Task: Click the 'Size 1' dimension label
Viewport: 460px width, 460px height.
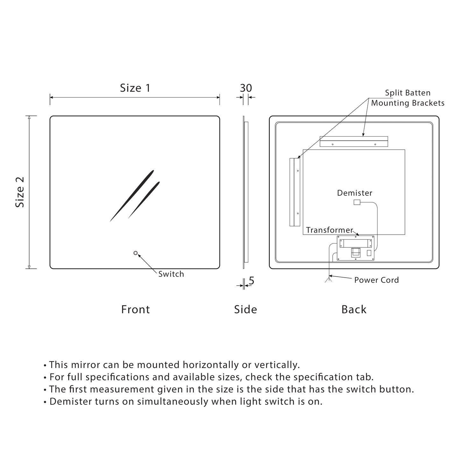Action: point(135,88)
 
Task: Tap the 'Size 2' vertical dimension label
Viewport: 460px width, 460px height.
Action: point(20,192)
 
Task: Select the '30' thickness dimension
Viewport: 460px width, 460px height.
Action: point(246,88)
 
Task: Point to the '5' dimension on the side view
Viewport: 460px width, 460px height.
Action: point(251,281)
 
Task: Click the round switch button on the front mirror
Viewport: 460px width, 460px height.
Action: point(136,253)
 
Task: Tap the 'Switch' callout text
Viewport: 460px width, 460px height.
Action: point(171,274)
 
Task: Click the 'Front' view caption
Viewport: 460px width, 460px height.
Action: point(135,309)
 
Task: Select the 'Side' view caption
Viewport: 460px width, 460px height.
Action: point(245,309)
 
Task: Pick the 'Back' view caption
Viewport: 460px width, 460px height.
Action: point(354,309)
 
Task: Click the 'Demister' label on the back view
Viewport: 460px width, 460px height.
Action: point(354,193)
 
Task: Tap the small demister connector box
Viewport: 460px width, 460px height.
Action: point(357,202)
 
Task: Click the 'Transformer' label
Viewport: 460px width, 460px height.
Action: point(329,230)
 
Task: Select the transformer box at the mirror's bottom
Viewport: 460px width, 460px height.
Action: point(356,249)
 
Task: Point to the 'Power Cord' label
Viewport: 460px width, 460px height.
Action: point(376,280)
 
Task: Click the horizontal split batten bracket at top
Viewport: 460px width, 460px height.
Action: point(354,142)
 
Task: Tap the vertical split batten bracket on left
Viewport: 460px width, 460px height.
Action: point(295,192)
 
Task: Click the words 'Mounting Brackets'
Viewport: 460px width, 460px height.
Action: point(407,103)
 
